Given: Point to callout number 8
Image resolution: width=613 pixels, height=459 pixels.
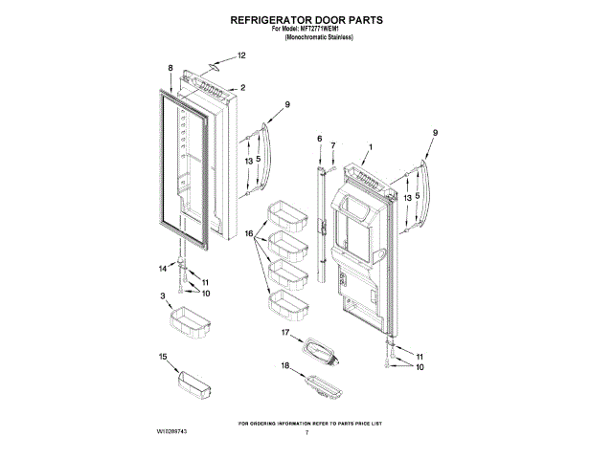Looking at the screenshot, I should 170,68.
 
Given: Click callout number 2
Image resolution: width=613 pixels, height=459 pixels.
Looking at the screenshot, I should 242,88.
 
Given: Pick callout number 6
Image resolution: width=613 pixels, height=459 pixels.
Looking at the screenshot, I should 319,139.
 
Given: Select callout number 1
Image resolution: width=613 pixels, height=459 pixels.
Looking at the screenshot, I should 371,146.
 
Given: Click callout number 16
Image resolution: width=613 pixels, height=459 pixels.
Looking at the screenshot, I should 247,233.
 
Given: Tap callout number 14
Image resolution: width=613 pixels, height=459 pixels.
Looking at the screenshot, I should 162,269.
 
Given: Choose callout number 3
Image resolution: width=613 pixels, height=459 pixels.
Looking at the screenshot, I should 163,295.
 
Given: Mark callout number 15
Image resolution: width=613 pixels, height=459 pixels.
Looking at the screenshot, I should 162,356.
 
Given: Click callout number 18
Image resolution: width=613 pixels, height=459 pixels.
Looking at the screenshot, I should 285,366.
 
